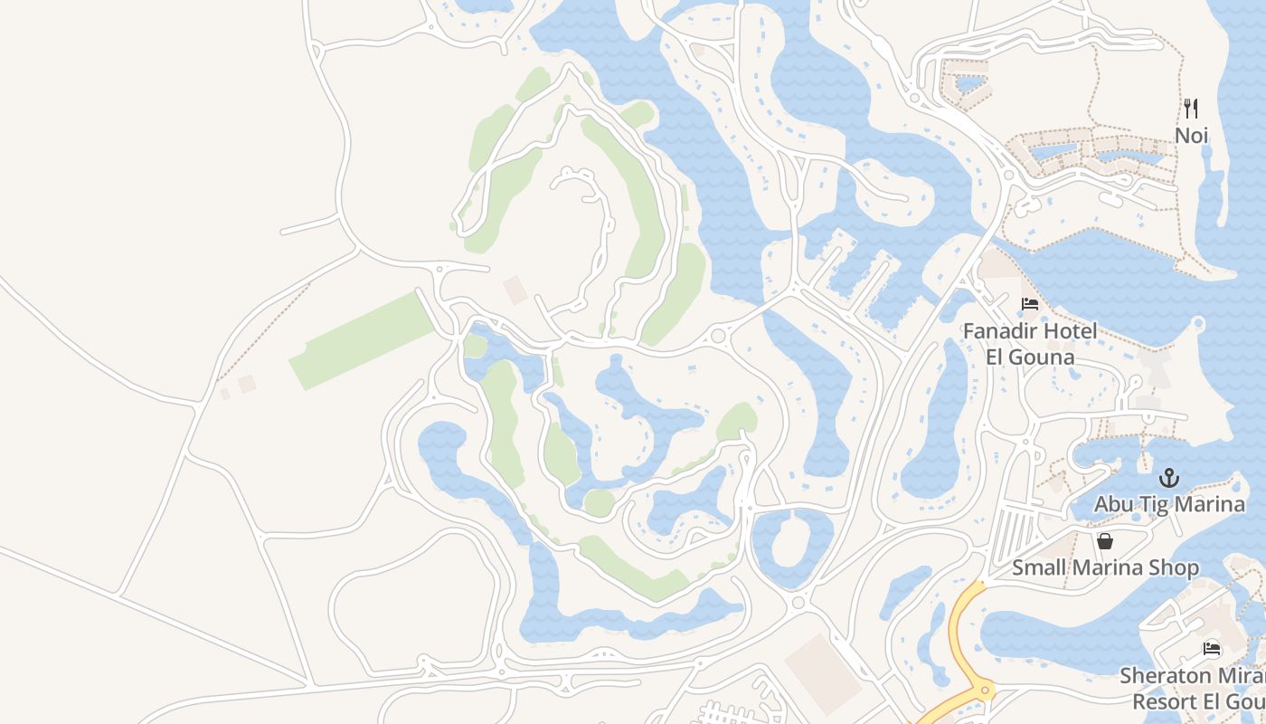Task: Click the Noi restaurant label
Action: point(1191,136)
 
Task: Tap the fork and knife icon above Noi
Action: point(1191,109)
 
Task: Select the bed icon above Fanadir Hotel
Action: point(1030,304)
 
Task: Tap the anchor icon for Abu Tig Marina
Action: point(1169,477)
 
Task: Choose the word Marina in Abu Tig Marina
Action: point(1212,504)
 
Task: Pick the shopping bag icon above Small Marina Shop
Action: point(1104,541)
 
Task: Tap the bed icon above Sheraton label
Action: point(1212,649)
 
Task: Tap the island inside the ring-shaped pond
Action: point(793,540)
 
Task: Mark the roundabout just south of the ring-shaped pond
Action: point(798,603)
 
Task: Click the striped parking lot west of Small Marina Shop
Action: point(1013,534)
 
